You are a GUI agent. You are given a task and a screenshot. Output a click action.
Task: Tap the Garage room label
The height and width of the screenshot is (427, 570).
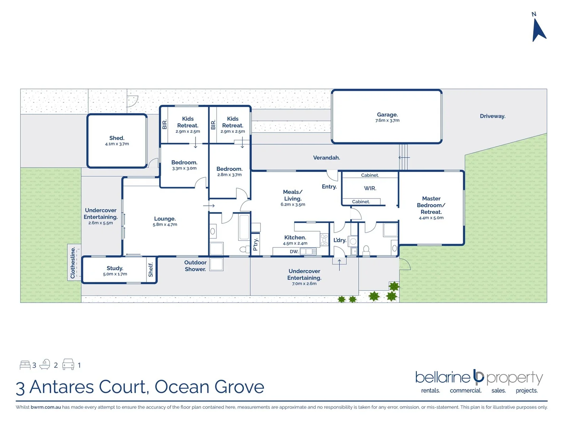[387, 115]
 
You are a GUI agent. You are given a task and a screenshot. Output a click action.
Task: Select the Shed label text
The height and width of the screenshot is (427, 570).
[117, 138]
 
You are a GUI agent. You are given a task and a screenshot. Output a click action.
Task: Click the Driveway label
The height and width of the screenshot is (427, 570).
[492, 116]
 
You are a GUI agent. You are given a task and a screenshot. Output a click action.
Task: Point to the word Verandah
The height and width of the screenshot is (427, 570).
[327, 158]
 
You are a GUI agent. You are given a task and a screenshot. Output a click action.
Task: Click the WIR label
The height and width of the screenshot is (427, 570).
[370, 189]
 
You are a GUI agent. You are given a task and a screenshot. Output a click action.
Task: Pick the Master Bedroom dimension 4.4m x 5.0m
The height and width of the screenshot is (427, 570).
[431, 218]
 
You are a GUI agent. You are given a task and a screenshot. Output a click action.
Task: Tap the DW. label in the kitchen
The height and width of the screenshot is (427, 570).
[294, 251]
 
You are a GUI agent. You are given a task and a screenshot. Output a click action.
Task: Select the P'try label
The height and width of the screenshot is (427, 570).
[256, 244]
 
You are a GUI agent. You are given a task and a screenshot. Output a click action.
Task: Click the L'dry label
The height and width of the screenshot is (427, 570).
[340, 240]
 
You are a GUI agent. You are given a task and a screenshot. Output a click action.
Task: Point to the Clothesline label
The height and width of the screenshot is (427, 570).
[73, 263]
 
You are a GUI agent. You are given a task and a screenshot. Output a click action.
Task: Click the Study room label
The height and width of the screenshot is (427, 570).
[115, 268]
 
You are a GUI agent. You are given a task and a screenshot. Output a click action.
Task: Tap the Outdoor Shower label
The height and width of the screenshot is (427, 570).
[195, 266]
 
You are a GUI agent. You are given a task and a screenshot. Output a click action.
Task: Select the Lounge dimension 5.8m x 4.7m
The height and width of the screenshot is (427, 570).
[165, 225]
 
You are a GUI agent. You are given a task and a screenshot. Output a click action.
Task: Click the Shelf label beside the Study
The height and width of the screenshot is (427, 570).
[150, 270]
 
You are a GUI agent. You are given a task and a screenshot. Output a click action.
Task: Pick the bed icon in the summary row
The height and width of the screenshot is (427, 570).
[25, 365]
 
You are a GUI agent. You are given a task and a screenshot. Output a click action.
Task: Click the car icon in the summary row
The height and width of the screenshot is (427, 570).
[68, 365]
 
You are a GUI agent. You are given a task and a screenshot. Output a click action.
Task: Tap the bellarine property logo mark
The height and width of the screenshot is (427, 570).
[479, 377]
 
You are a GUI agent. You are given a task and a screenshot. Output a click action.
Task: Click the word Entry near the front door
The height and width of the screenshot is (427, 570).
[329, 187]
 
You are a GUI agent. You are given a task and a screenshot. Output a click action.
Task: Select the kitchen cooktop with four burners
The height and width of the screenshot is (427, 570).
[324, 240]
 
